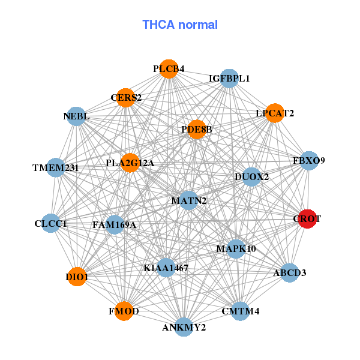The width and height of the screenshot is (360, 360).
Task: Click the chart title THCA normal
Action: pyautogui.click(x=180, y=25)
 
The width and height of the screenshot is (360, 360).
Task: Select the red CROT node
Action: pyautogui.click(x=307, y=219)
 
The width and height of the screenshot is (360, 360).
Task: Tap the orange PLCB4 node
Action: pyautogui.click(x=169, y=69)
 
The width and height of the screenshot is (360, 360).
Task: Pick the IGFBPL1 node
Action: pyautogui.click(x=229, y=79)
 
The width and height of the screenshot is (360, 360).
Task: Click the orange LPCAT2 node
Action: pyautogui.click(x=274, y=113)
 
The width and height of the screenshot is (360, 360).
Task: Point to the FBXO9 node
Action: pyautogui.click(x=308, y=161)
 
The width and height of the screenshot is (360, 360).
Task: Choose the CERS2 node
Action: pyautogui.click(x=126, y=97)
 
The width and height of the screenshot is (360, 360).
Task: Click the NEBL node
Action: pyautogui.click(x=76, y=116)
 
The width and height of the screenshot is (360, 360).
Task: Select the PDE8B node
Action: pyautogui.click(x=197, y=129)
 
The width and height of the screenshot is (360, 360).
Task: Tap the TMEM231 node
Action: pyautogui.click(x=56, y=167)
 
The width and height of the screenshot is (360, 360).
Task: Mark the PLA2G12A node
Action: pyautogui.click(x=130, y=163)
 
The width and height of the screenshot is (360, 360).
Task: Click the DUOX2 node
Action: pyautogui.click(x=251, y=177)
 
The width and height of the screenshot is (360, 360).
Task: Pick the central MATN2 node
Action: pyautogui.click(x=189, y=200)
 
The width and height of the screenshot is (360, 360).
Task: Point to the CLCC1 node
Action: pyautogui.click(x=51, y=224)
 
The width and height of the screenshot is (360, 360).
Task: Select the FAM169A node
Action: pyautogui.click(x=115, y=225)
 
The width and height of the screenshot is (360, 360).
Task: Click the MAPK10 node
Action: pyautogui.click(x=236, y=248)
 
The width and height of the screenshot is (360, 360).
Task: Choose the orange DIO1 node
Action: pyautogui.click(x=77, y=277)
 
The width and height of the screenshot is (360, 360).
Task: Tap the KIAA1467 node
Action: pyautogui.click(x=166, y=268)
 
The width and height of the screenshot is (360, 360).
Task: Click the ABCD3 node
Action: pyautogui.click(x=289, y=273)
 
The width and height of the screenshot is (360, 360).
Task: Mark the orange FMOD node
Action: pyautogui.click(x=124, y=311)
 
